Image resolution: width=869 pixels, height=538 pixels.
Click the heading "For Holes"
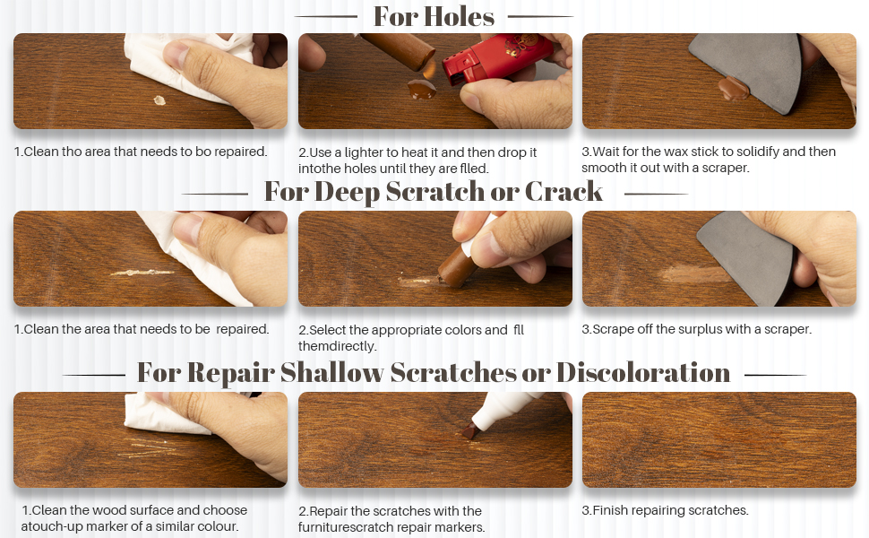coord(434,16)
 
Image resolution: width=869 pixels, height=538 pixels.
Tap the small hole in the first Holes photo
coord(159,100)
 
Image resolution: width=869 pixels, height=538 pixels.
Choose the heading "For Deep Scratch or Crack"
coord(434,192)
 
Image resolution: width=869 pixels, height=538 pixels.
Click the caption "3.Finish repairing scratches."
coord(665,511)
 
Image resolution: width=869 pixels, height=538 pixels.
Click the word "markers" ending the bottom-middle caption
coord(460,528)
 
